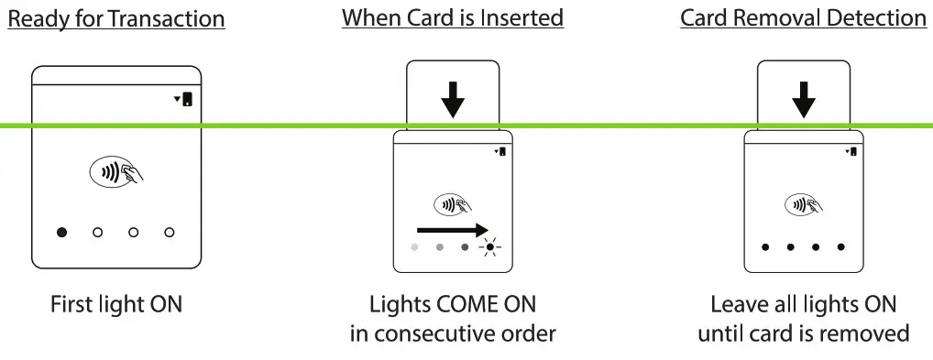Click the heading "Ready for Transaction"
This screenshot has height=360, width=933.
click(115, 18)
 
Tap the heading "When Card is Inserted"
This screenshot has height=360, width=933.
click(453, 18)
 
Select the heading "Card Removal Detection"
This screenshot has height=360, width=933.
click(803, 18)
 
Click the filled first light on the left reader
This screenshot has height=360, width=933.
click(62, 233)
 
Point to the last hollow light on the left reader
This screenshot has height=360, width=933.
click(170, 233)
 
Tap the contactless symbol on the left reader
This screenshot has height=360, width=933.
click(116, 171)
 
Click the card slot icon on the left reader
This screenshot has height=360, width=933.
click(187, 99)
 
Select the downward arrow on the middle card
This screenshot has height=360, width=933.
click(453, 99)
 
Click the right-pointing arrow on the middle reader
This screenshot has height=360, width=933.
click(452, 229)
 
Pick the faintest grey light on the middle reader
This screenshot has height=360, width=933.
click(415, 247)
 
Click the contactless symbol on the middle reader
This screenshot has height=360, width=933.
click(452, 203)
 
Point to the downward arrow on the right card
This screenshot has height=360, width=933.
click(804, 99)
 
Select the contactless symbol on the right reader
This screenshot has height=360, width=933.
click(804, 203)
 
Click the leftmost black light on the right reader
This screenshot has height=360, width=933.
click(765, 247)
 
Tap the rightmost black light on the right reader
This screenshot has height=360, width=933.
click(841, 247)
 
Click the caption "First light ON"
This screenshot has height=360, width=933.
click(116, 304)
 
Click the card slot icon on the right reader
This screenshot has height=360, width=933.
click(853, 151)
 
